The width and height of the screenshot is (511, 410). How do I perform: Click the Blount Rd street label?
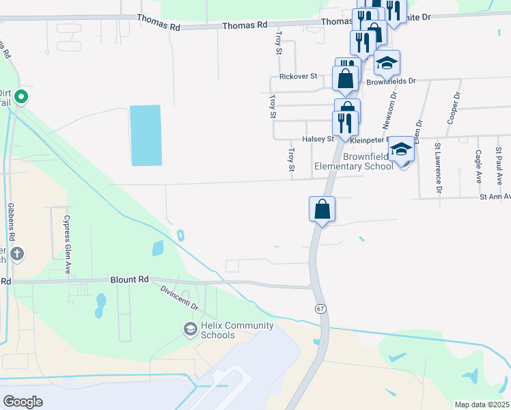tap(130, 279)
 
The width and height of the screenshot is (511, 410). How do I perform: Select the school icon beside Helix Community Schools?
tap(190, 329)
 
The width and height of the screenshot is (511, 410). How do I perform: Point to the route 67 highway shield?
tap(320, 309)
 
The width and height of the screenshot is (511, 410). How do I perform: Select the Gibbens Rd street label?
tap(12, 221)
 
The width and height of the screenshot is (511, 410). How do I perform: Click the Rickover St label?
tap(298, 77)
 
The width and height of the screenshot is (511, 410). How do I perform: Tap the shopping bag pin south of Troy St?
tap(322, 209)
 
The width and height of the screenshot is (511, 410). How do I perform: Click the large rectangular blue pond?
tap(146, 135)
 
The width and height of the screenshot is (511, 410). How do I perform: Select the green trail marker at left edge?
tap(20, 97)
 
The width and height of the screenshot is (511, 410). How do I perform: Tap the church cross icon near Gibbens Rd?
tap(18, 255)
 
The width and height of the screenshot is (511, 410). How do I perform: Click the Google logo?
tap(23, 401)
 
